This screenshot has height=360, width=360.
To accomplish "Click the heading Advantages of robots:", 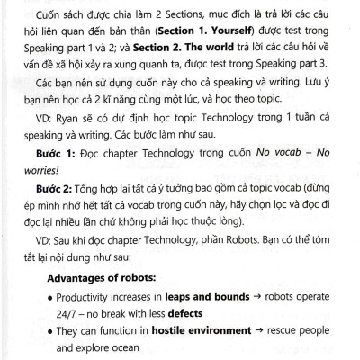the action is (x=103, y=278).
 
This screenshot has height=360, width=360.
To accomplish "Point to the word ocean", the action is (x=128, y=347).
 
